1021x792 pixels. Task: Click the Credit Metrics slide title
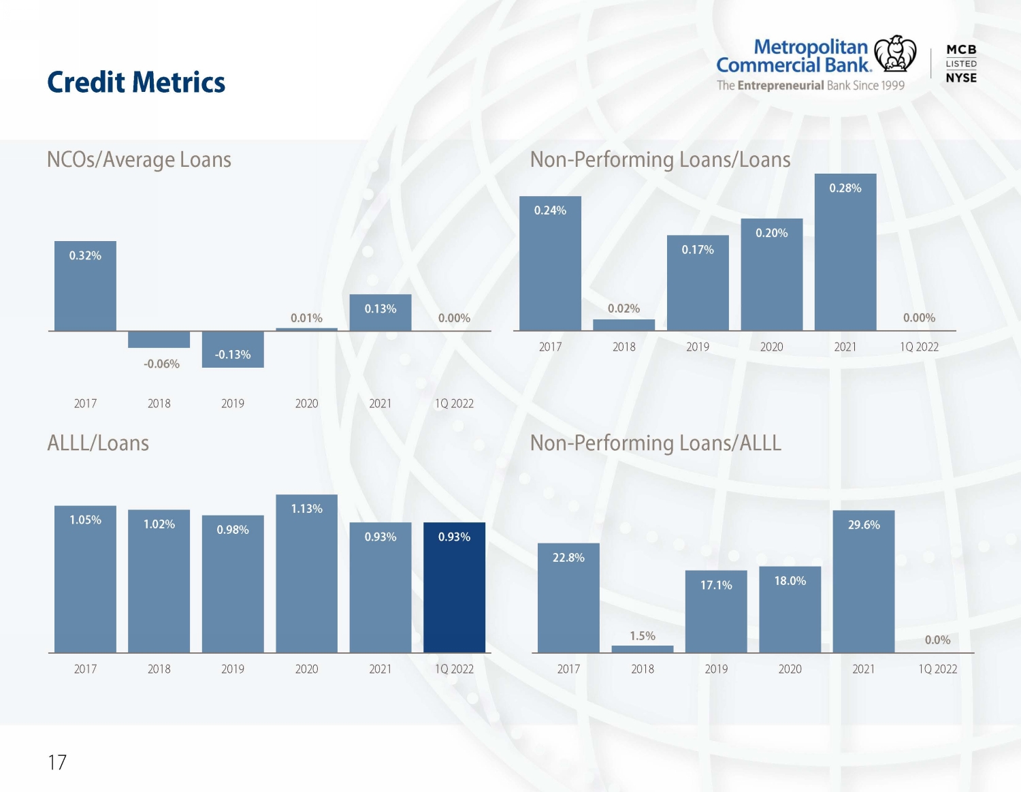click(136, 82)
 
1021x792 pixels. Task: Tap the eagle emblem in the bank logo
click(895, 53)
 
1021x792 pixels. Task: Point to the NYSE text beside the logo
click(961, 78)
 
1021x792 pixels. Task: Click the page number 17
click(57, 762)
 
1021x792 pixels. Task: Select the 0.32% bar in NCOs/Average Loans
click(85, 286)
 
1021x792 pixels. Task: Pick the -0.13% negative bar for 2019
click(233, 349)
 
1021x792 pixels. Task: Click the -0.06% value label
click(161, 364)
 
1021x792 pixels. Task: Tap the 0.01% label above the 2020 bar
click(306, 318)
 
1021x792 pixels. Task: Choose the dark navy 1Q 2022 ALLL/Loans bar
click(454, 588)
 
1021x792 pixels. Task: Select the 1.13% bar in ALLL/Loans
click(306, 573)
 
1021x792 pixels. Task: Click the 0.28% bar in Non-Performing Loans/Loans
click(845, 252)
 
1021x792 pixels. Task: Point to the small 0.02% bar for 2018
click(623, 325)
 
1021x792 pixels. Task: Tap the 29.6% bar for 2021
click(864, 582)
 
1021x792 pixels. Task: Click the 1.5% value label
click(643, 636)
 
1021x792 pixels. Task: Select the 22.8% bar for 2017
click(568, 598)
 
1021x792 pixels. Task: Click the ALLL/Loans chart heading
click(98, 443)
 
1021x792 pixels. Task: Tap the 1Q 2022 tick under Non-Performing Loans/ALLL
click(937, 669)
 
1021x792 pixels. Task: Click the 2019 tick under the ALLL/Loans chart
click(233, 669)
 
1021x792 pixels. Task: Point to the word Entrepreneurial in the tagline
click(781, 86)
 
